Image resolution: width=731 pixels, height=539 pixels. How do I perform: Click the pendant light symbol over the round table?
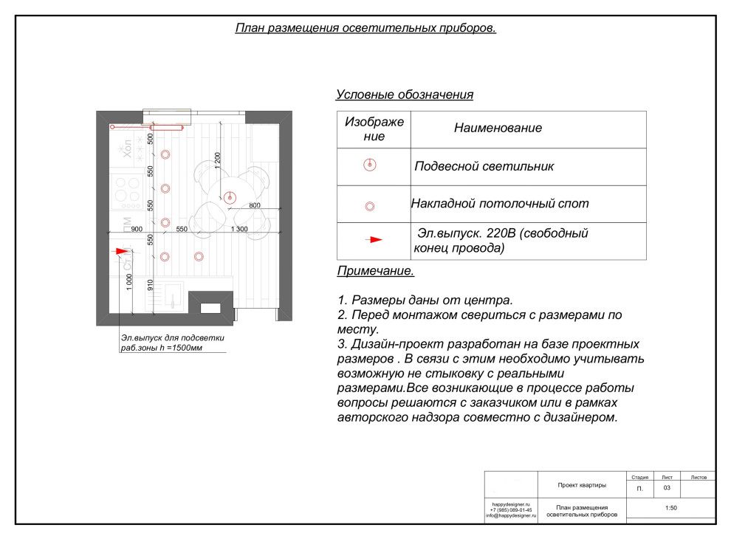click(x=229, y=197)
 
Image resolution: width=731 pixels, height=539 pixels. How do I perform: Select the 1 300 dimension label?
click(x=239, y=230)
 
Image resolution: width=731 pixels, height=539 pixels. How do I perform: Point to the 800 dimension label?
click(x=254, y=205)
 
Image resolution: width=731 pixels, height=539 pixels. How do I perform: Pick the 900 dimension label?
click(x=137, y=230)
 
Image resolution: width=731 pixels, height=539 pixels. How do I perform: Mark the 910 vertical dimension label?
click(x=150, y=284)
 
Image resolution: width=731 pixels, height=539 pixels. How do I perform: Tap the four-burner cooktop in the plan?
click(x=126, y=190)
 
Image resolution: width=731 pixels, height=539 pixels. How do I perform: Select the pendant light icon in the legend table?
click(x=371, y=165)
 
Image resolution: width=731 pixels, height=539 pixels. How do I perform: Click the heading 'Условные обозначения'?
click(x=404, y=95)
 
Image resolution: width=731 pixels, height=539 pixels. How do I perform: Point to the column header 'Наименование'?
click(x=498, y=128)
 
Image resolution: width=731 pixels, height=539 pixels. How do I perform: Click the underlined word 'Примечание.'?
click(x=375, y=271)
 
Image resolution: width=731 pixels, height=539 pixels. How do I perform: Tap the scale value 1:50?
click(x=670, y=508)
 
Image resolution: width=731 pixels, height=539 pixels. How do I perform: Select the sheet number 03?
click(x=667, y=488)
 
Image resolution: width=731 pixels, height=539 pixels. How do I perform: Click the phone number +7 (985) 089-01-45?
click(x=510, y=509)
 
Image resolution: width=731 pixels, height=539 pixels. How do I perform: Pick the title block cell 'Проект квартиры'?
click(x=582, y=485)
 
